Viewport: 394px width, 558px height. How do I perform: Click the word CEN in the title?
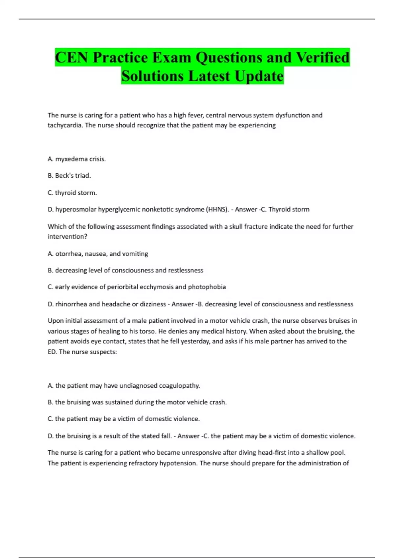click(x=72, y=57)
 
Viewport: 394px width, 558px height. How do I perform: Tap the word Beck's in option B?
click(x=63, y=176)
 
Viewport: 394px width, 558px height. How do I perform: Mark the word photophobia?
click(x=207, y=287)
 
